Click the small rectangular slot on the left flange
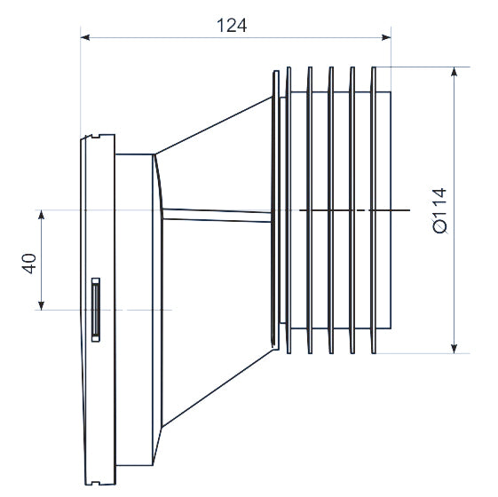tap(94, 308)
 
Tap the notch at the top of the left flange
tap(91, 137)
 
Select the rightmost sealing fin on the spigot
tap(374, 209)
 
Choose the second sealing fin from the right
tap(352, 209)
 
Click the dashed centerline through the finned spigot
tap(355, 210)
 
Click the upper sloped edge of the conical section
tap(213, 125)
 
